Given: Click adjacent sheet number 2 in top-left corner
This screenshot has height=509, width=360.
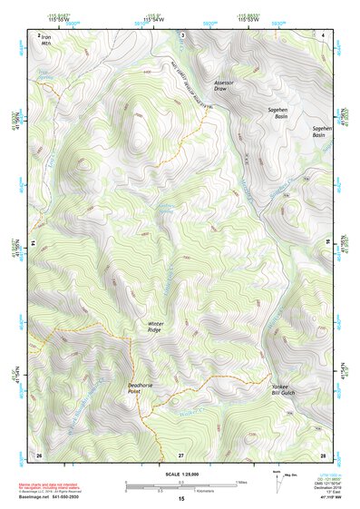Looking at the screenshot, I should tap(39, 35).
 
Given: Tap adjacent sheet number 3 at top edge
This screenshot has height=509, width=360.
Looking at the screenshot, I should tap(181, 34).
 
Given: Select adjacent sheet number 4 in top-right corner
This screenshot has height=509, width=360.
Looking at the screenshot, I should tap(323, 34).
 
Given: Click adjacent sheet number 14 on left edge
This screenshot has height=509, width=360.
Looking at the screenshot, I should tap(32, 244).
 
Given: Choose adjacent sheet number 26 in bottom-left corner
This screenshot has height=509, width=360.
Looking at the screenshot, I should tap(39, 453).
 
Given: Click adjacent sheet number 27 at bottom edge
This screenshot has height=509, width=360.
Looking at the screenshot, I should tap(181, 453).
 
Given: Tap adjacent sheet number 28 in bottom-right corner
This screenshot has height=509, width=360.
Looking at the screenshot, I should tap(323, 453).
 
